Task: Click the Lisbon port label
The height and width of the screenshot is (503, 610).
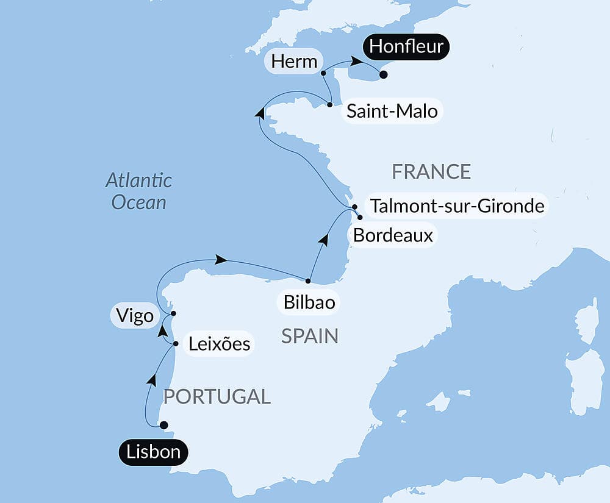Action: (153, 452)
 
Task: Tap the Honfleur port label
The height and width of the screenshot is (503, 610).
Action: (406, 47)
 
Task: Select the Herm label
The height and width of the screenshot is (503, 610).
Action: (295, 62)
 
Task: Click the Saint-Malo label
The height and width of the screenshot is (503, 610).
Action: (392, 112)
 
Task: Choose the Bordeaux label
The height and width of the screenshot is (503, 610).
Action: (393, 235)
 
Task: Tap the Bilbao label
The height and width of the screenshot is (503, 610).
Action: (309, 302)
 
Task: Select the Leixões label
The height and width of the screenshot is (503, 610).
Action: (218, 344)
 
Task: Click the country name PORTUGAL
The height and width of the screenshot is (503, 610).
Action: (217, 396)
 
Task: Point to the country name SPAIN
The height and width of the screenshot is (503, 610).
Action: (310, 336)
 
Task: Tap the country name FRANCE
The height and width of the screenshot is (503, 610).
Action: (431, 172)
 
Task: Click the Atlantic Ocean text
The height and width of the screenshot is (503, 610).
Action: (138, 191)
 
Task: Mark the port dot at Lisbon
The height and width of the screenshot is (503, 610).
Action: (163, 426)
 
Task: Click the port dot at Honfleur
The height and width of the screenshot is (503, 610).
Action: (383, 75)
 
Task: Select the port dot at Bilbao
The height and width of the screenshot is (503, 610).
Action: (308, 281)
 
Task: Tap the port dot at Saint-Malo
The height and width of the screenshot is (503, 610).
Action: (330, 105)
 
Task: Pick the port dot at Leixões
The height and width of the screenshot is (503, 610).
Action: (176, 344)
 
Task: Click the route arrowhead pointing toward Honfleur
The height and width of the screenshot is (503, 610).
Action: (353, 62)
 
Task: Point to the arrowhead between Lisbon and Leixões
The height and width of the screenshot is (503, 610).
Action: (151, 380)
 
